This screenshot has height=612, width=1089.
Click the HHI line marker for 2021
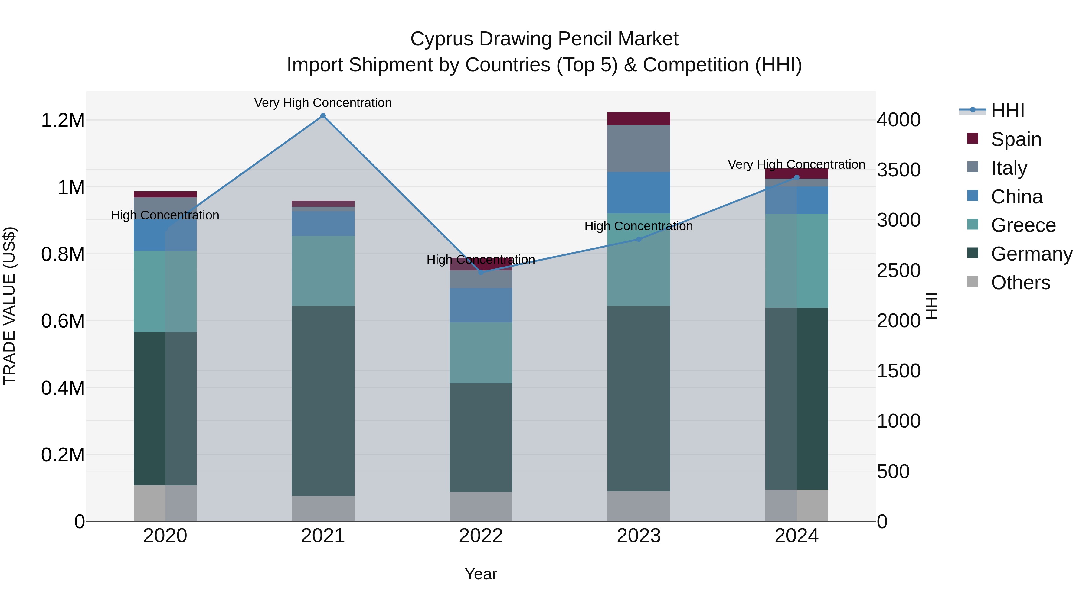tap(323, 116)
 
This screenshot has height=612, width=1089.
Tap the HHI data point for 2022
tap(481, 272)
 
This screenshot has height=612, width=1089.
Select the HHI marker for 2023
tap(639, 239)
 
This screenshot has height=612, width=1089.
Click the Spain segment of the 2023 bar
tap(639, 119)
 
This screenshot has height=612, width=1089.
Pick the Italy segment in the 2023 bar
tap(639, 148)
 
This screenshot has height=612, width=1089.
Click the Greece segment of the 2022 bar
tap(481, 353)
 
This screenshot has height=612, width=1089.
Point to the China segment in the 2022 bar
tap(481, 305)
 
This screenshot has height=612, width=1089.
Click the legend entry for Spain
tap(1015, 139)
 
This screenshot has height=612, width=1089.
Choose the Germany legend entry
tap(1031, 254)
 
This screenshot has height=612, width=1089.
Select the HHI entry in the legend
tap(1007, 111)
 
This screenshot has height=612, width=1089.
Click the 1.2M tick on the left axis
tap(63, 120)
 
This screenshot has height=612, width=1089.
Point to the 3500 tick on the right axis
tap(898, 170)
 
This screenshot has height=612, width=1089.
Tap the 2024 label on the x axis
tap(796, 536)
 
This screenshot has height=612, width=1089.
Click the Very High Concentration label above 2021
tap(323, 103)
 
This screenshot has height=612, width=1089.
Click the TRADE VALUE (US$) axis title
tap(9, 306)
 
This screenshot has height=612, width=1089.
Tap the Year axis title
tap(481, 574)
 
